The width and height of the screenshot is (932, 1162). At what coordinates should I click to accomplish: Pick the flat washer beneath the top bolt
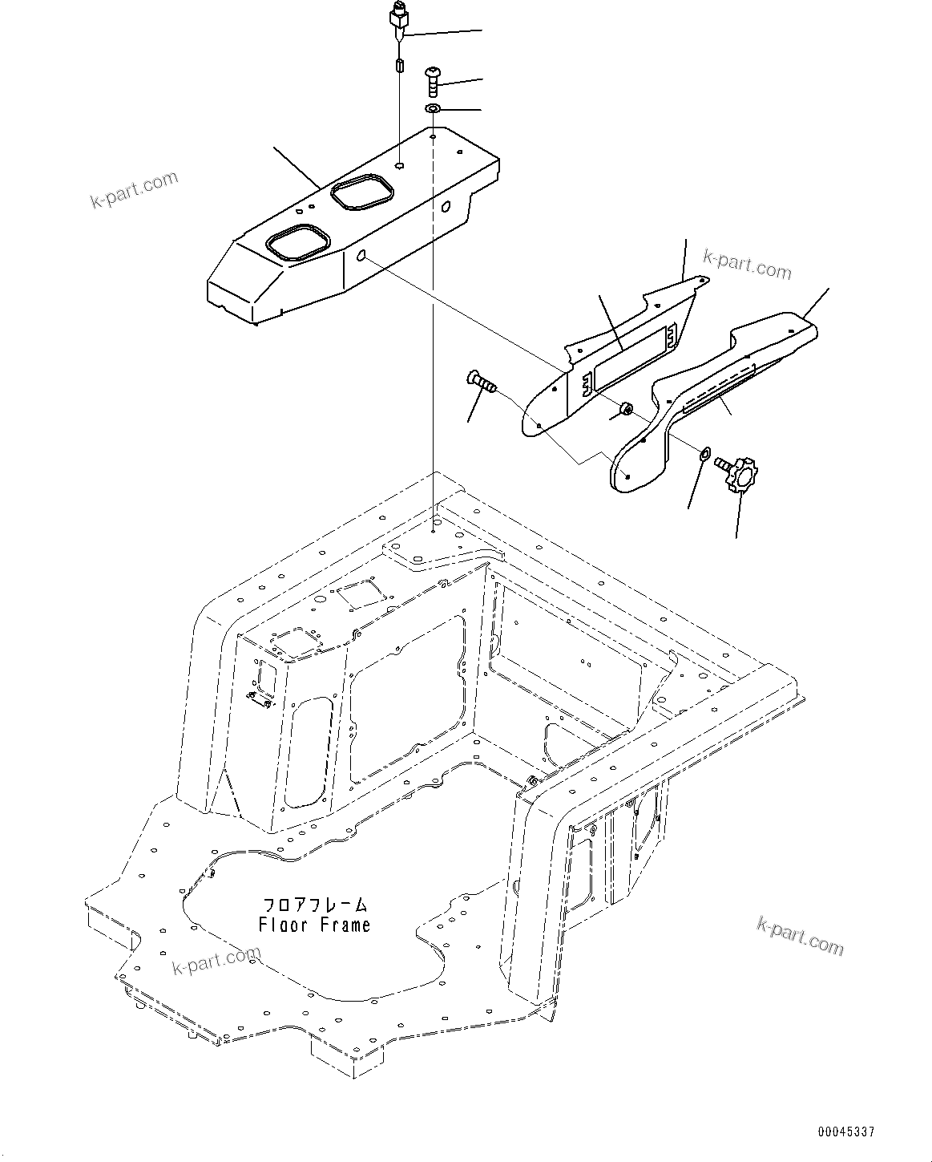point(433,108)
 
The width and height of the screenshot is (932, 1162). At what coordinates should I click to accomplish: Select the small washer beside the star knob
point(704,455)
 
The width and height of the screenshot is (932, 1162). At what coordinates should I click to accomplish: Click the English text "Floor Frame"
point(314,925)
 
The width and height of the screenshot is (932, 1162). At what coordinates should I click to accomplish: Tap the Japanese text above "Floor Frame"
point(314,905)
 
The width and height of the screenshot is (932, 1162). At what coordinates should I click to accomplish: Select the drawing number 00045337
point(845,1132)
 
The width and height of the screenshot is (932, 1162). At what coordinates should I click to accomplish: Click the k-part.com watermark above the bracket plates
point(746,265)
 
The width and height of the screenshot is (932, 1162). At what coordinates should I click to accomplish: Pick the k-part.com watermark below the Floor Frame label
point(216,961)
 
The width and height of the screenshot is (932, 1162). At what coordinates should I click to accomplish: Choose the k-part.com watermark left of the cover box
point(134,190)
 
